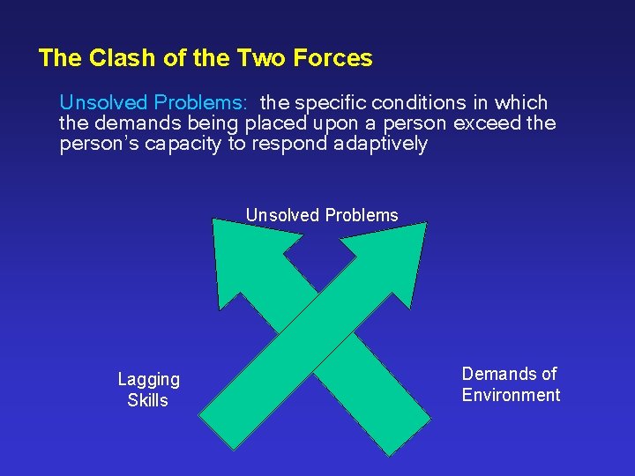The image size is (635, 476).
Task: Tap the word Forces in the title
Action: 335,58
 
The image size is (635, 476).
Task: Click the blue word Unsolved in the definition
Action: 103,103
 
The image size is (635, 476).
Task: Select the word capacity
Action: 179,144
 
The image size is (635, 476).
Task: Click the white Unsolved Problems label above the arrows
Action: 322,215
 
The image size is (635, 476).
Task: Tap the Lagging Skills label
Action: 148,390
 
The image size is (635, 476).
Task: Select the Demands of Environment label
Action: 511,384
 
